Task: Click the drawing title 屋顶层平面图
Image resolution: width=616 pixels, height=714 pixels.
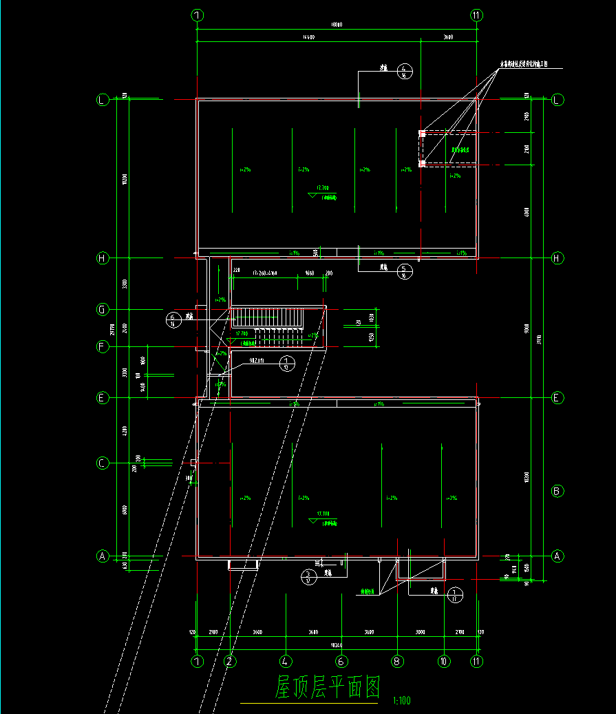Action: click(328, 687)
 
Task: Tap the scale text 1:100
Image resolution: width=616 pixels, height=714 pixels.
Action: click(401, 701)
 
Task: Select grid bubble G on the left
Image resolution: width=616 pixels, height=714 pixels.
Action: click(102, 310)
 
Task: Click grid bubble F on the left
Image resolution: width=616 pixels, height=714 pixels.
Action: click(102, 347)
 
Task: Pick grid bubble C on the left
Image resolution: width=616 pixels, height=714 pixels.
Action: click(102, 463)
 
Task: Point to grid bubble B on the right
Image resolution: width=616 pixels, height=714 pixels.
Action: click(558, 491)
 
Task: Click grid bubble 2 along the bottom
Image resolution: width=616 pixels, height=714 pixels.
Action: click(231, 661)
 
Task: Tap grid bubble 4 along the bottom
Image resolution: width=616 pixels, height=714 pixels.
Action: click(286, 661)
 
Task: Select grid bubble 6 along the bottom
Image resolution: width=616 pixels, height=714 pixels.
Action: click(341, 661)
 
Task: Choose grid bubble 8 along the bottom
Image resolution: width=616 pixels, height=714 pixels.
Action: click(397, 661)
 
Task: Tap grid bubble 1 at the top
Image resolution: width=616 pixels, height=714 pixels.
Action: click(197, 14)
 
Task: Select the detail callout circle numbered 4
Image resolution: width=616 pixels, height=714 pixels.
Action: click(405, 70)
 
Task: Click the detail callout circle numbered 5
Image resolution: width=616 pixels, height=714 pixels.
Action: click(405, 271)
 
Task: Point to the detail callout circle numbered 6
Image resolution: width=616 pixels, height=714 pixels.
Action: click(173, 319)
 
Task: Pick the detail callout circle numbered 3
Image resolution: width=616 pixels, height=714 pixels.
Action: click(309, 577)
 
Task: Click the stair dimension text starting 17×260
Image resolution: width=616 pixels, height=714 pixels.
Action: click(258, 273)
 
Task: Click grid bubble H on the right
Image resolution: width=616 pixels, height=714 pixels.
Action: click(558, 258)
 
